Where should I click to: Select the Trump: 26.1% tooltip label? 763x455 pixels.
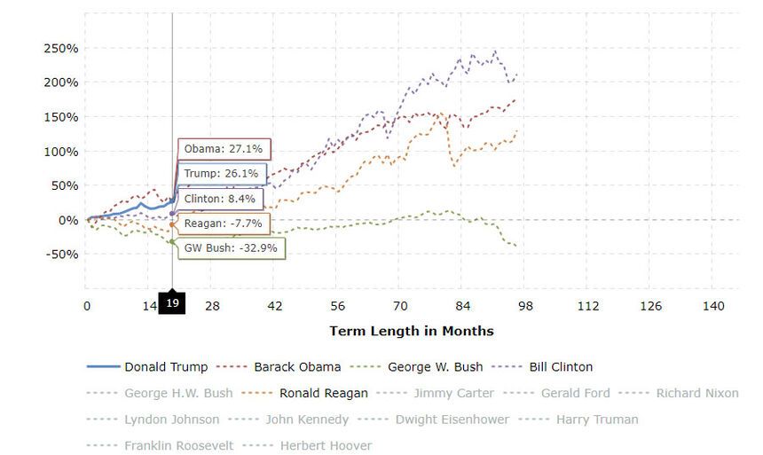221,174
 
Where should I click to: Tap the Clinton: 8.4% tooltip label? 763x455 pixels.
221,199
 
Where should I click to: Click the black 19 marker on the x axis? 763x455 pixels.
172,303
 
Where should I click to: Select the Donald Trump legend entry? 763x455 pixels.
166,366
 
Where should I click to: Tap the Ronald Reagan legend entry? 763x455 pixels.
324,393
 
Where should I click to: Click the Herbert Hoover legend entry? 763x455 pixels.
326,445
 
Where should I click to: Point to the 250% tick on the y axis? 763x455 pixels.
61,48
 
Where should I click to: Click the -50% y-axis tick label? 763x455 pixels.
61,254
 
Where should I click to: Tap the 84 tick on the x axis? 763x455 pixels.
462,306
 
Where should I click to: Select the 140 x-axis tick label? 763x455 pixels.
713,306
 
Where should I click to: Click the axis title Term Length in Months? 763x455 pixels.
411,331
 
